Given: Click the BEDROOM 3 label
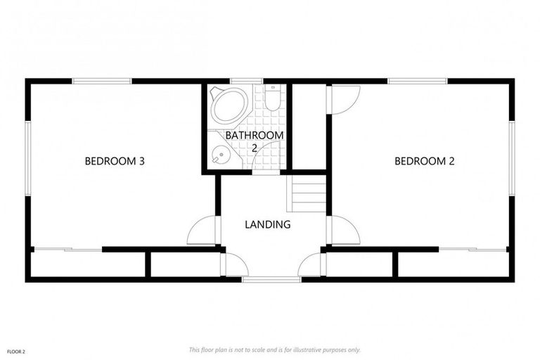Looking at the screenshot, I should (x=115, y=161).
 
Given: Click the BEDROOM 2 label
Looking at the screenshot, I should (x=424, y=161).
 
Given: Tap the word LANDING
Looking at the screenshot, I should (x=267, y=225).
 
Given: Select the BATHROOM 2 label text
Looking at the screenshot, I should (x=255, y=141).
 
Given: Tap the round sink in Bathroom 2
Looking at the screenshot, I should (x=221, y=154).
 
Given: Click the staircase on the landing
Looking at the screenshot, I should (x=308, y=194).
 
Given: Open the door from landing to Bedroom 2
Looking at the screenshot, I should (x=344, y=231).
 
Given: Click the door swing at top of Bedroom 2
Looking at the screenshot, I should (x=345, y=99).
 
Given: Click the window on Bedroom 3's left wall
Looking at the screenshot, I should (x=28, y=158).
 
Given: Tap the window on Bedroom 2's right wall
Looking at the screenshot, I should (x=512, y=158).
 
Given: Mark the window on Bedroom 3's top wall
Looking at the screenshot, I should (x=102, y=82).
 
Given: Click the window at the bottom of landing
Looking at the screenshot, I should (x=271, y=280).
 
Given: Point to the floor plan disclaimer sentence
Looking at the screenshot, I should (x=274, y=349).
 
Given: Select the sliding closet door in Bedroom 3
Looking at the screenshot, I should (x=67, y=249).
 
